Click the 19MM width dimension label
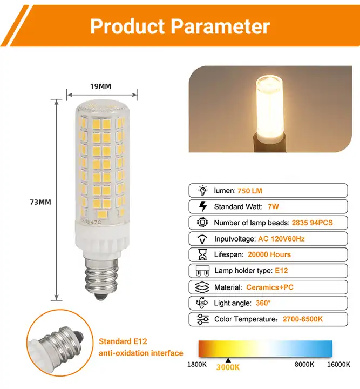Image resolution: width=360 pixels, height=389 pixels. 100,86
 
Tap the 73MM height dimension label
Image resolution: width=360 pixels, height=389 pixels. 40,202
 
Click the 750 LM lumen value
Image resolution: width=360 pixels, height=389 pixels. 250,191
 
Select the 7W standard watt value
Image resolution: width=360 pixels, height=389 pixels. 273,206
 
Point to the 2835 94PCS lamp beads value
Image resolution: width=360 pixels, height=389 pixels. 312,223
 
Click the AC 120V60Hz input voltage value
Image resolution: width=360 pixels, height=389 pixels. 281,239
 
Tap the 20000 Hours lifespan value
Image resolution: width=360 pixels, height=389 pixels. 269,254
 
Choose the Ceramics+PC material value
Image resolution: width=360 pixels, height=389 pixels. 270,287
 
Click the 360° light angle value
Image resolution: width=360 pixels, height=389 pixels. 263,303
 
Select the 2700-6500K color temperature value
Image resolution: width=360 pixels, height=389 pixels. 303,319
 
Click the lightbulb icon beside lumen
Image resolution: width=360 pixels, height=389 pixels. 203,191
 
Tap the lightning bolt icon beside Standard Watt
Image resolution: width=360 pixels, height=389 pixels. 203,206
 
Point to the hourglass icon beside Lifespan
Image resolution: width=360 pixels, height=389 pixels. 203,254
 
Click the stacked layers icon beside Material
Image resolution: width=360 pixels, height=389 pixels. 202,287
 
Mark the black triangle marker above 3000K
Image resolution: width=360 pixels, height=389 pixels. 228,360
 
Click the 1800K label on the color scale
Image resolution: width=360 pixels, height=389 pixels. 196,365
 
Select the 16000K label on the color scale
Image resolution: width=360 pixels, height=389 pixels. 338,365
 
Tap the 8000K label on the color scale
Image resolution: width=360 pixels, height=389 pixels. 304,365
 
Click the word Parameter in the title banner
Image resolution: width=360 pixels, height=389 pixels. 220,26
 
